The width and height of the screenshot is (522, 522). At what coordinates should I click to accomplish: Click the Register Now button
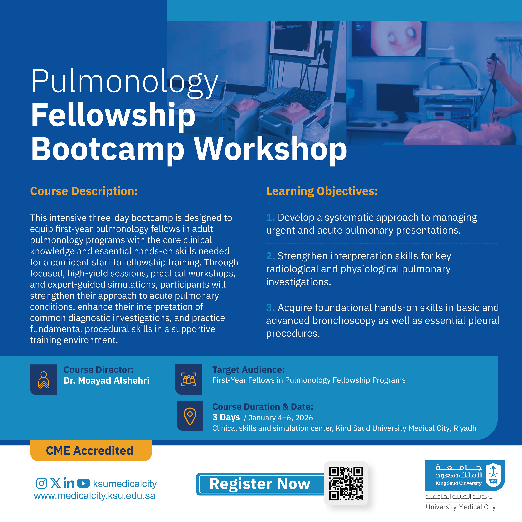pyautogui.click(x=260, y=484)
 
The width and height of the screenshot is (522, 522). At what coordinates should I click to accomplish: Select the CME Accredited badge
pyautogui.click(x=91, y=450)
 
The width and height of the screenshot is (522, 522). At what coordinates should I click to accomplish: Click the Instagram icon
pyautogui.click(x=42, y=483)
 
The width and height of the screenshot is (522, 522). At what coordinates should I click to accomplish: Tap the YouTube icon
pyautogui.click(x=84, y=483)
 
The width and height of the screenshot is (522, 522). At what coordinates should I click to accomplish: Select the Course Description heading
pyautogui.click(x=84, y=191)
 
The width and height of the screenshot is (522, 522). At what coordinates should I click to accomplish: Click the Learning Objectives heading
pyautogui.click(x=322, y=191)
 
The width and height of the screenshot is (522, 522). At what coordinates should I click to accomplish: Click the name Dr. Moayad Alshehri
pyautogui.click(x=106, y=380)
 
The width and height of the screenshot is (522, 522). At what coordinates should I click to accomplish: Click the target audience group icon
pyautogui.click(x=189, y=379)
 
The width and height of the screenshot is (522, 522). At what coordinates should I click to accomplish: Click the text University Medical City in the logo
pyautogui.click(x=461, y=507)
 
